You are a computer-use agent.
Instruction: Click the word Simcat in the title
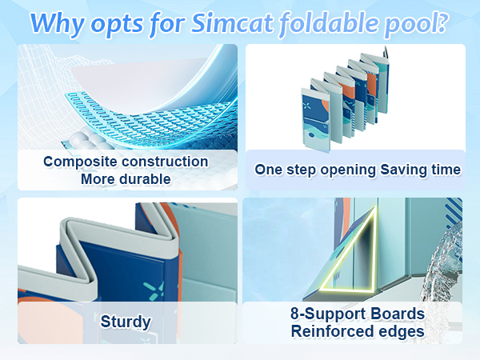coord(232,23)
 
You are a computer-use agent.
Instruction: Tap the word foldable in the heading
coord(328,23)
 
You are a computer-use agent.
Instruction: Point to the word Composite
coord(80,162)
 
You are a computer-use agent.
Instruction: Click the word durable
coord(146,179)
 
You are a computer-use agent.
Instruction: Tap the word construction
coord(164,162)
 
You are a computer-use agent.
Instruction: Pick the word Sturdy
coord(126,322)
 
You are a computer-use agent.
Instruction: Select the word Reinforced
coord(332,331)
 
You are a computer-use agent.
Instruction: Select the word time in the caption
coord(446,170)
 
